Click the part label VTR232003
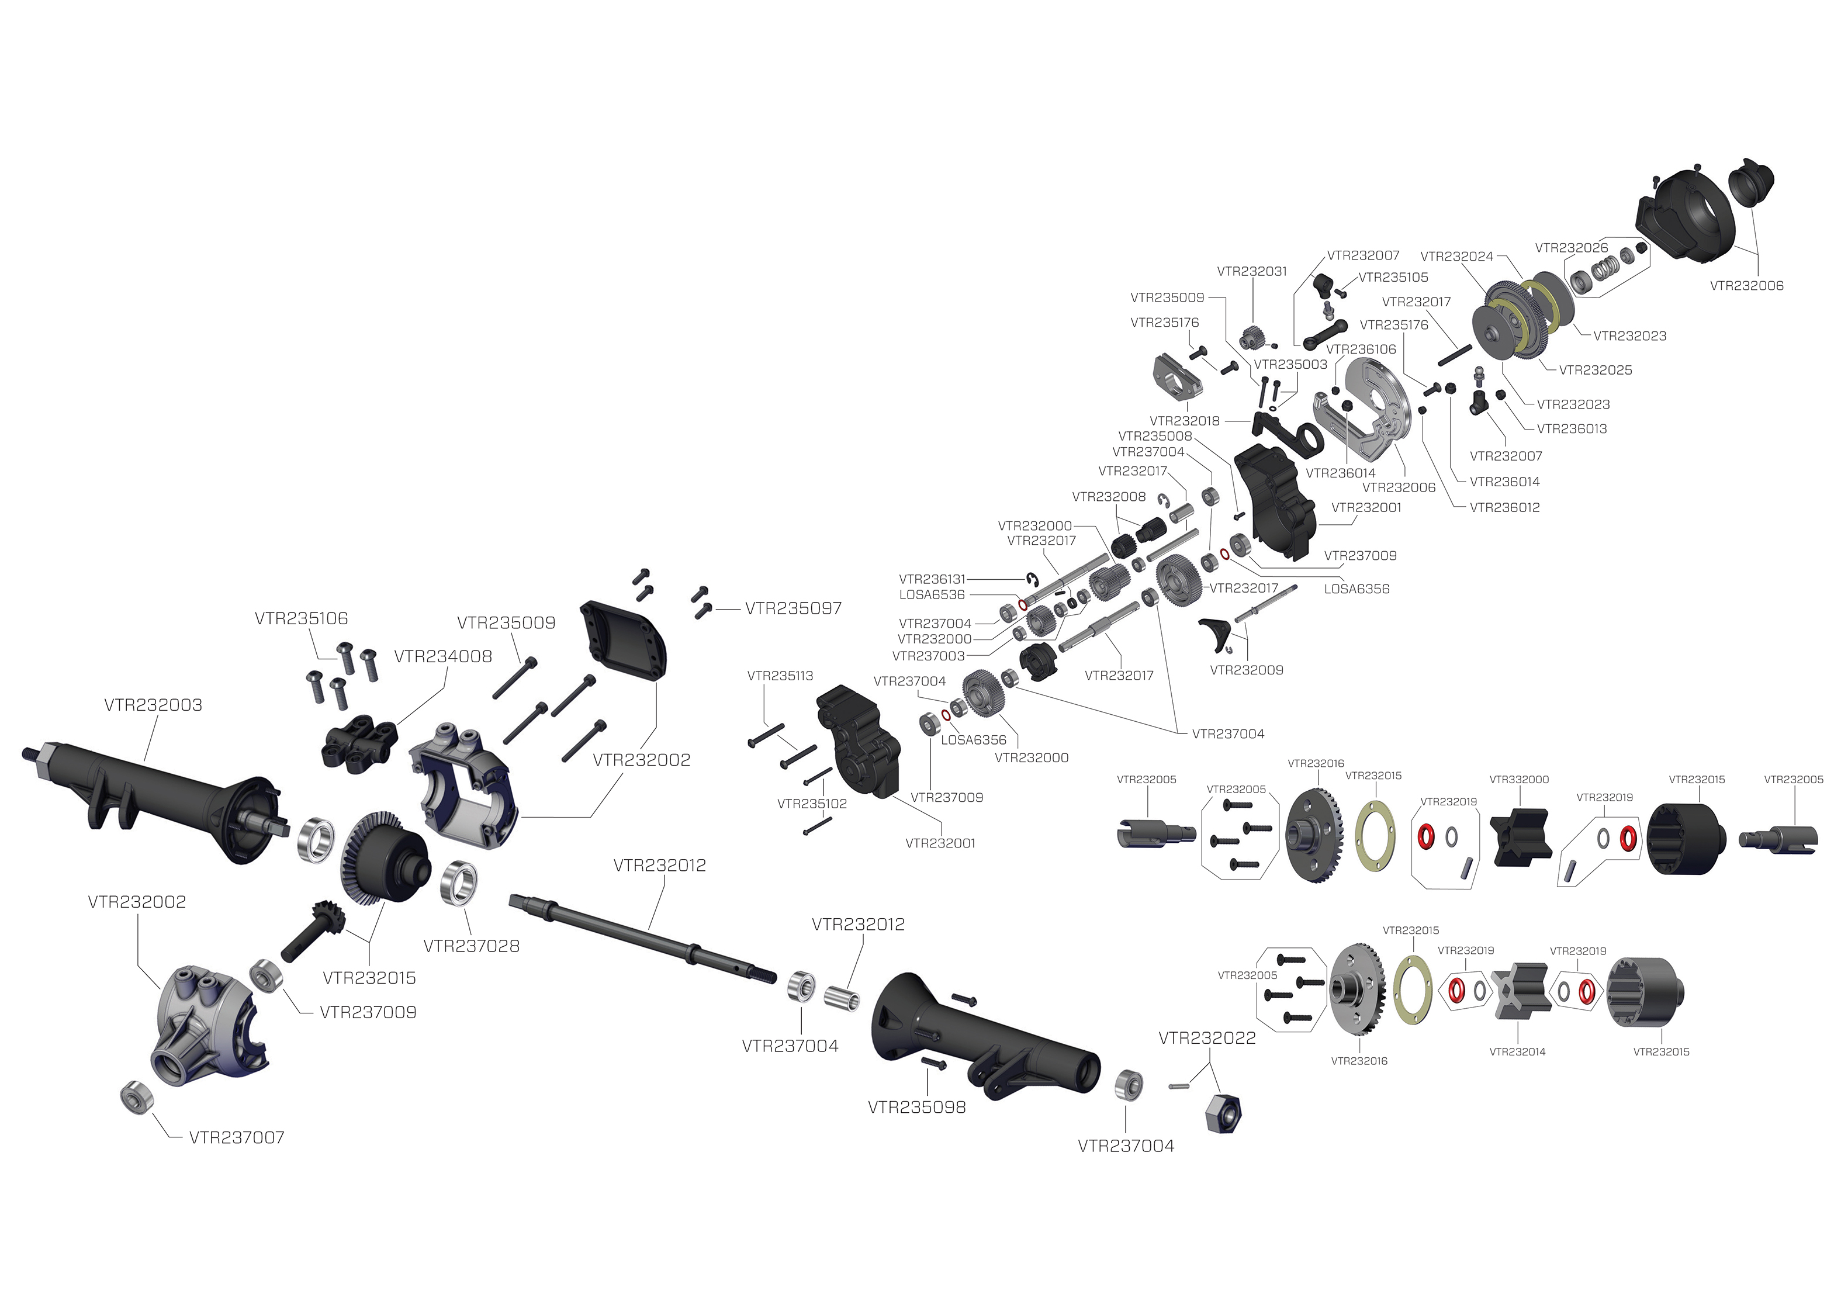(x=153, y=705)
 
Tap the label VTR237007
(x=236, y=1138)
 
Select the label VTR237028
(x=471, y=946)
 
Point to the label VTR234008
(x=443, y=657)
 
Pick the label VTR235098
(x=916, y=1108)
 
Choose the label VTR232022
(x=1207, y=1038)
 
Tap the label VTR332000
(x=1519, y=780)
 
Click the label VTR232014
(x=1517, y=1052)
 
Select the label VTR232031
(x=1252, y=271)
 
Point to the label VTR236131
(x=932, y=579)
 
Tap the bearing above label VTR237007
(x=132, y=1096)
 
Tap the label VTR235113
(x=780, y=676)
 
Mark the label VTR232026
(x=1572, y=248)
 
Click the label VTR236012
(x=1504, y=508)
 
